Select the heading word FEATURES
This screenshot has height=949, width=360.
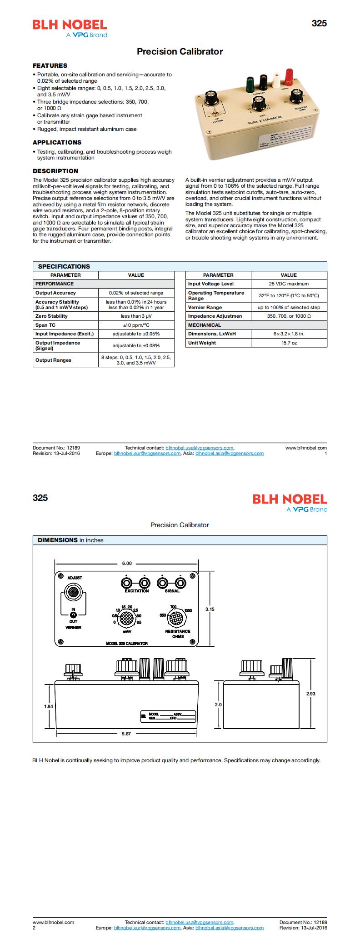click(x=50, y=65)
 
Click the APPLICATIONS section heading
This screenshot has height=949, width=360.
click(x=57, y=142)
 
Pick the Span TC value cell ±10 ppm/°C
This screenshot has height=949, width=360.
click(x=136, y=325)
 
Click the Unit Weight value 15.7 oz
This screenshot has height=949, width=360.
click(x=289, y=343)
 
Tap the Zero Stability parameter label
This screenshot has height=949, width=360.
click(x=51, y=316)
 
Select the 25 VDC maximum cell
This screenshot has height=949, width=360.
click(x=289, y=284)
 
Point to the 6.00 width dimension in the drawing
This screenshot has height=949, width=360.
click(x=126, y=563)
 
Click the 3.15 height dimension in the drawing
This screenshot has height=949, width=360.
click(x=210, y=609)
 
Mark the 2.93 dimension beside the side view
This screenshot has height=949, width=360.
click(x=310, y=694)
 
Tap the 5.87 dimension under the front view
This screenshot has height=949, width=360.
click(x=126, y=734)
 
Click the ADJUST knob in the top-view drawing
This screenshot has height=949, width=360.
click(x=73, y=592)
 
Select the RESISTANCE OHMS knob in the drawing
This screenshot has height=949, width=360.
click(x=176, y=618)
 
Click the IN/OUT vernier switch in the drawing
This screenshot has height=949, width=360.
click(x=73, y=614)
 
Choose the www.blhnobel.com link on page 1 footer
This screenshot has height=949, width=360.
click(x=306, y=448)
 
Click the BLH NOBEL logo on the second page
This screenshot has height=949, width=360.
click(x=290, y=499)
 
